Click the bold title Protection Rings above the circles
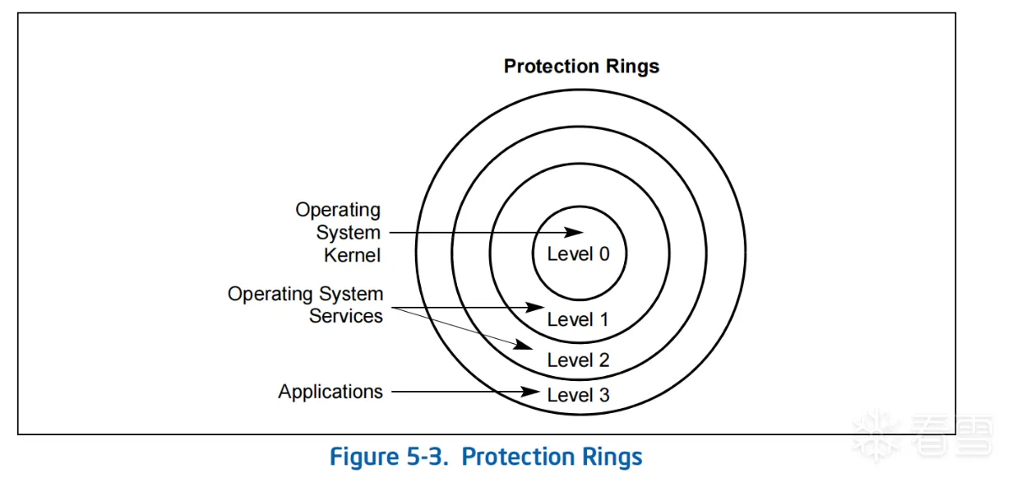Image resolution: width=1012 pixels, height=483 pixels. (x=581, y=67)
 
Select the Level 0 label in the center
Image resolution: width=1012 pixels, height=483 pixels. (x=578, y=254)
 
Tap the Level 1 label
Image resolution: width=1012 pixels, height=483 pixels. (x=578, y=319)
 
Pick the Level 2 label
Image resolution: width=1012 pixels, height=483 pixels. (x=578, y=360)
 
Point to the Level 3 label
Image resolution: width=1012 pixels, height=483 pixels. (x=578, y=394)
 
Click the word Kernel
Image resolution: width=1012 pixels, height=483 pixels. (x=352, y=254)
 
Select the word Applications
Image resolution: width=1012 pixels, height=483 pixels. (x=331, y=392)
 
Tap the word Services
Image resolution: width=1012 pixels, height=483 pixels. (x=346, y=316)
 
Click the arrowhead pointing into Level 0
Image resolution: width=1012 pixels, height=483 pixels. (x=574, y=232)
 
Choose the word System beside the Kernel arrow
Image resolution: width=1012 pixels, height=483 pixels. (x=348, y=232)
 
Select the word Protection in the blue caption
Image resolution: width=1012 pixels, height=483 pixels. (x=517, y=457)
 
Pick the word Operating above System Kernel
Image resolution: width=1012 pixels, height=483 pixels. (x=337, y=210)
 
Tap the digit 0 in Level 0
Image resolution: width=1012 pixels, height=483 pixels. (x=603, y=254)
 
